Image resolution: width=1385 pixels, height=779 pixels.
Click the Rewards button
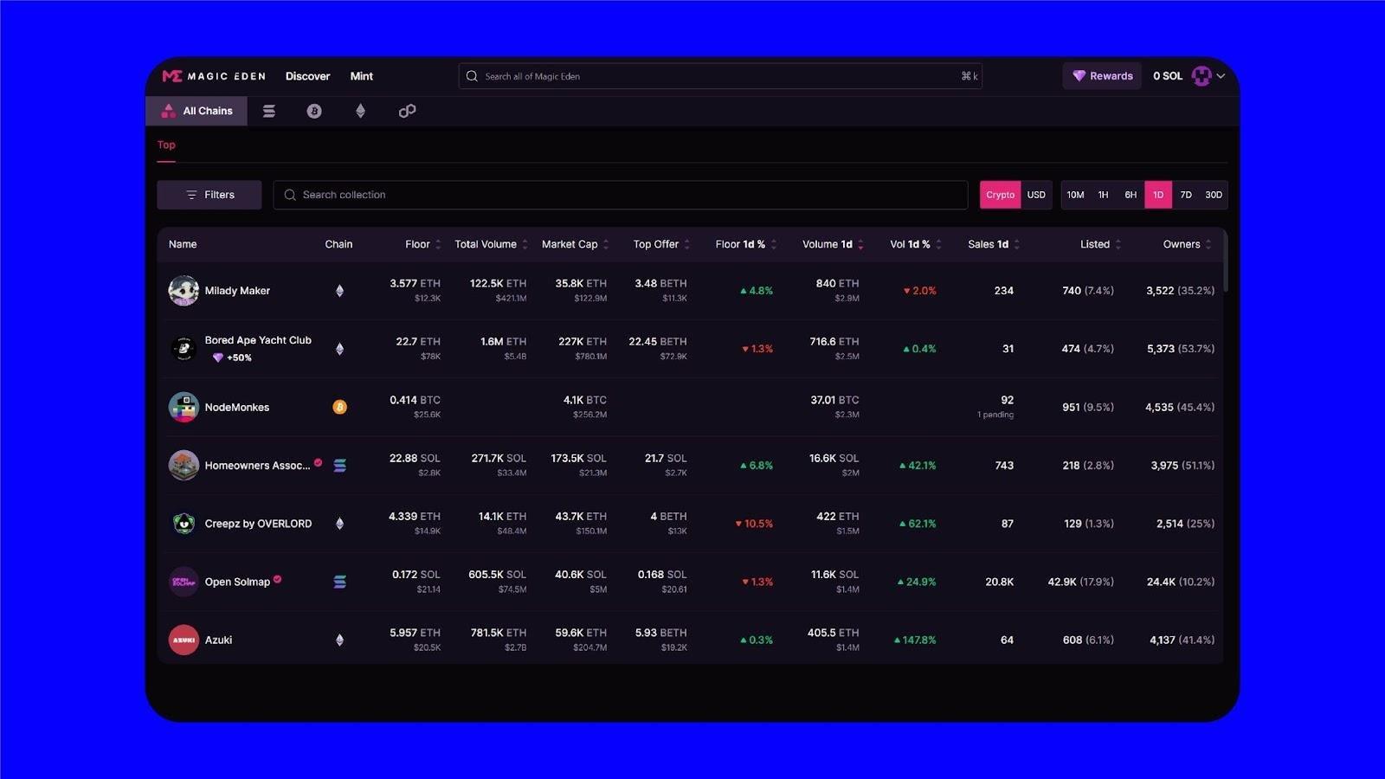(x=1102, y=76)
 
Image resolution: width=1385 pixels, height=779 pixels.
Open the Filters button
(x=209, y=195)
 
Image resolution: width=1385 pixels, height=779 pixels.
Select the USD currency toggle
(x=1036, y=195)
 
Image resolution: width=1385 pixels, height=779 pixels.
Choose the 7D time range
(x=1186, y=195)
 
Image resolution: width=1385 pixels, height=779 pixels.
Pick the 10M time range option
(x=1075, y=195)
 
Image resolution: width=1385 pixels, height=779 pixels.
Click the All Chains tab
(x=197, y=111)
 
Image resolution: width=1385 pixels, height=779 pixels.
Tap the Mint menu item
(x=361, y=76)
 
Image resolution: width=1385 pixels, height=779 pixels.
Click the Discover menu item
(x=307, y=76)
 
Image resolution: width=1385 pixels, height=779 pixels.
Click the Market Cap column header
(x=570, y=244)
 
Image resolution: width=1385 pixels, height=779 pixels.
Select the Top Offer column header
(x=655, y=244)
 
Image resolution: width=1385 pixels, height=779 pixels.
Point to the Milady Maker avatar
(x=184, y=291)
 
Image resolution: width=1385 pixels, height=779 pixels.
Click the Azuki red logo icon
(x=184, y=640)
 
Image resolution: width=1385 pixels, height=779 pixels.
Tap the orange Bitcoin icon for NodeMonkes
(x=339, y=407)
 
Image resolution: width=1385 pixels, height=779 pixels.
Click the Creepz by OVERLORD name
(x=258, y=524)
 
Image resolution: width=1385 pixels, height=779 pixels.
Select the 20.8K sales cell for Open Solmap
(x=999, y=582)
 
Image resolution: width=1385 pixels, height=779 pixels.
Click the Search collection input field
(x=620, y=195)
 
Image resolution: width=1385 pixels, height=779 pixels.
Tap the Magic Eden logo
(x=214, y=76)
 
